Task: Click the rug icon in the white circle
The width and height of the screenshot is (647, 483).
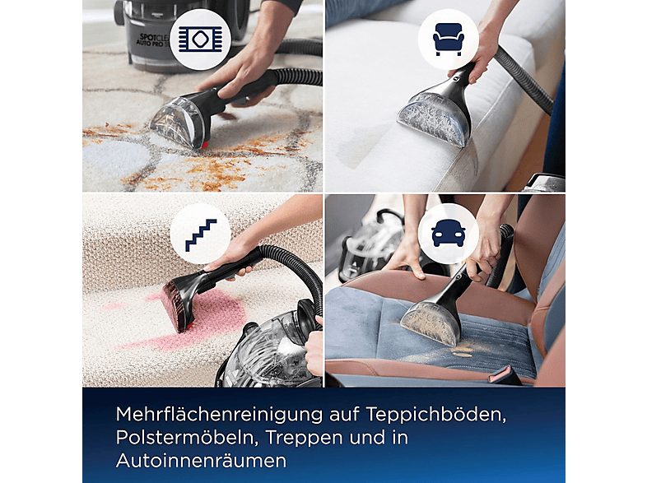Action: [x=201, y=39]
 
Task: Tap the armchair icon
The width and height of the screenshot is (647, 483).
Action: [x=449, y=39]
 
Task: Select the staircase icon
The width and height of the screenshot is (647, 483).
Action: [x=201, y=235]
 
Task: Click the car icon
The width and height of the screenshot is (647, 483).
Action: [x=448, y=234]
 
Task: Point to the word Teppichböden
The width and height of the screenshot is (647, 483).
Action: [x=435, y=415]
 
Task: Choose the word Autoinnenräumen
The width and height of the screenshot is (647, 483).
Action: [x=202, y=460]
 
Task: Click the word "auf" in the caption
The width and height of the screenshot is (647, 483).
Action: [x=344, y=414]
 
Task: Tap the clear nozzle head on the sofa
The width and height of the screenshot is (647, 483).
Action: [x=433, y=118]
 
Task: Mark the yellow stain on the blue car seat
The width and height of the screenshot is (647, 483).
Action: [x=460, y=351]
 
